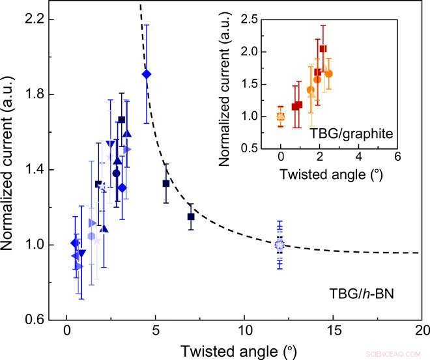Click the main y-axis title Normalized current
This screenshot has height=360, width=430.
(x=12, y=169)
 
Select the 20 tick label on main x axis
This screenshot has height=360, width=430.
(x=422, y=331)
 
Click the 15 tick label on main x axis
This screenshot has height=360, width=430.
(x=333, y=331)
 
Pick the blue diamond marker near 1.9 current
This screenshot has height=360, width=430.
(x=147, y=74)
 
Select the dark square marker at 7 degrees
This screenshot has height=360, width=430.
(x=191, y=216)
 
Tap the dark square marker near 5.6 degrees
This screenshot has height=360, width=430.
(x=166, y=183)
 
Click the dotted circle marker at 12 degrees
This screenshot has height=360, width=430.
(x=280, y=245)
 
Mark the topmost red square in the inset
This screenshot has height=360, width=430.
(x=323, y=49)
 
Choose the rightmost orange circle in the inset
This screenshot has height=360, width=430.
(x=329, y=74)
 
